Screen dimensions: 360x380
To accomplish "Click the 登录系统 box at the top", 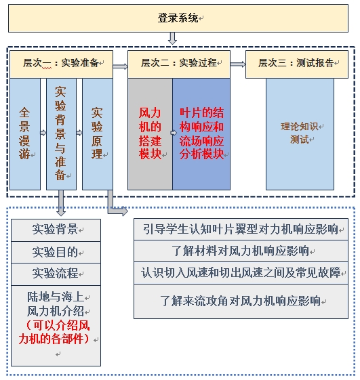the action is click(178, 18).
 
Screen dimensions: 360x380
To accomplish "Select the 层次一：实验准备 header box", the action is click(62, 64).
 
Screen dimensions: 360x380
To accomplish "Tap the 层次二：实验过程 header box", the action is click(179, 64).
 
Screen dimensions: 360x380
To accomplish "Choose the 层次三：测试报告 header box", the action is click(297, 64).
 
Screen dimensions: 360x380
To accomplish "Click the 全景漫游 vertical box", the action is click(25, 133).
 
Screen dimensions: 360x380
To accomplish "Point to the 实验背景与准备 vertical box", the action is click(62, 133).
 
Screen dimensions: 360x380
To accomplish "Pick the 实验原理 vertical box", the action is click(98, 133).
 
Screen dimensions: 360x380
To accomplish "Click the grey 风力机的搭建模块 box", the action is click(150, 133).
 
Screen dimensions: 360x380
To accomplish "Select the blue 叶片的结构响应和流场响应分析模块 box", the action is click(201, 133).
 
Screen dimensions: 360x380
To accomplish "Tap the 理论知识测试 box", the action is click(300, 133).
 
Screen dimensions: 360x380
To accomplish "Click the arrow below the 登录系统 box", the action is click(172, 38).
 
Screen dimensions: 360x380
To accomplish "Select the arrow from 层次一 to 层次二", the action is click(120, 66).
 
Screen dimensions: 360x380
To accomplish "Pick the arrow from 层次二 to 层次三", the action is click(238, 64).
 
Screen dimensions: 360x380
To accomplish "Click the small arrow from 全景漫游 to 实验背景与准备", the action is click(43, 133).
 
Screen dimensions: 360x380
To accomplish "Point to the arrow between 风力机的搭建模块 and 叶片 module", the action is click(174, 133).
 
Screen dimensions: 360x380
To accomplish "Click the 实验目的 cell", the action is click(56, 252).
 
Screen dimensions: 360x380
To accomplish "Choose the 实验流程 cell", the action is click(56, 274).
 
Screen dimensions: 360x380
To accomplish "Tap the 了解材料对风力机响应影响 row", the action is click(241, 251).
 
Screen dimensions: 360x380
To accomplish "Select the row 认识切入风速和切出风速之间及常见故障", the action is click(241, 273).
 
